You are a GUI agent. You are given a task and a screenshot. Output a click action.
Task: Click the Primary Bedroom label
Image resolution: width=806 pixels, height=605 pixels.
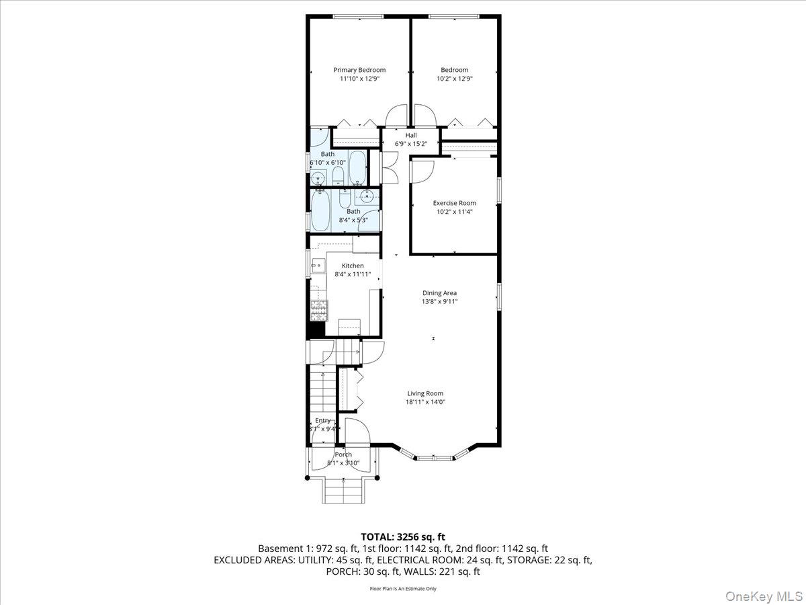coord(359,70)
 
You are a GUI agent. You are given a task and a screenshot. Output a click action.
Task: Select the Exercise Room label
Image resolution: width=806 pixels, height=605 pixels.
coord(454,203)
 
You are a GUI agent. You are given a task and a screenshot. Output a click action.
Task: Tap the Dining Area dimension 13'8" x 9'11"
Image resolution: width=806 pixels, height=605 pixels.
coord(440,302)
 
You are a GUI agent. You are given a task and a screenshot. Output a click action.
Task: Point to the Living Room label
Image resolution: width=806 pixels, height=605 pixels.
coord(425,393)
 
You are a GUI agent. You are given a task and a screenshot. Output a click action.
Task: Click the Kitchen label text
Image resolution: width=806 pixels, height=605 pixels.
coord(353,266)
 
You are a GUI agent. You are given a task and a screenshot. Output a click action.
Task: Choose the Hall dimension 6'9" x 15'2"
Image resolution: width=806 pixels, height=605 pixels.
coord(411,144)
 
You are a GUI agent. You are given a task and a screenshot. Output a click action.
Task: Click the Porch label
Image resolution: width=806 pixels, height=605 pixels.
coord(343,454)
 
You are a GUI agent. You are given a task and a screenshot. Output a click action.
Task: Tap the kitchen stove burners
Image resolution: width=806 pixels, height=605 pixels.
coord(319,309)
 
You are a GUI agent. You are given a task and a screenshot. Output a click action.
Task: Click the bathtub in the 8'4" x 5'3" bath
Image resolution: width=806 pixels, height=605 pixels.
coord(320,210)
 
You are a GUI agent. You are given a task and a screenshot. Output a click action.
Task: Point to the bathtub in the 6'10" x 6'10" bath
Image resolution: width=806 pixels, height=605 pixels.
coord(357,168)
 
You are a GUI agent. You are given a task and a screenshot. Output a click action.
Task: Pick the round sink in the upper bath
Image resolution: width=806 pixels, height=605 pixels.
coord(318,178)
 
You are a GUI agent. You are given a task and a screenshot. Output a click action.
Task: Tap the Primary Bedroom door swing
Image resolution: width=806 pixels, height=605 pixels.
coord(396,116)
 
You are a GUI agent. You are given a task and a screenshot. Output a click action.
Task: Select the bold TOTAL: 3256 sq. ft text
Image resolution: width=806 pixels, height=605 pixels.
coord(403,536)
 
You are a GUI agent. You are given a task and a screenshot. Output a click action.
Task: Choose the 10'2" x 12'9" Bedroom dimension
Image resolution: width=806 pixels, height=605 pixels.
coord(455,79)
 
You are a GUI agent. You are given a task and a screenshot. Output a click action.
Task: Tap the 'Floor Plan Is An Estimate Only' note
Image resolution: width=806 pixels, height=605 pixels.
coord(403,589)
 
